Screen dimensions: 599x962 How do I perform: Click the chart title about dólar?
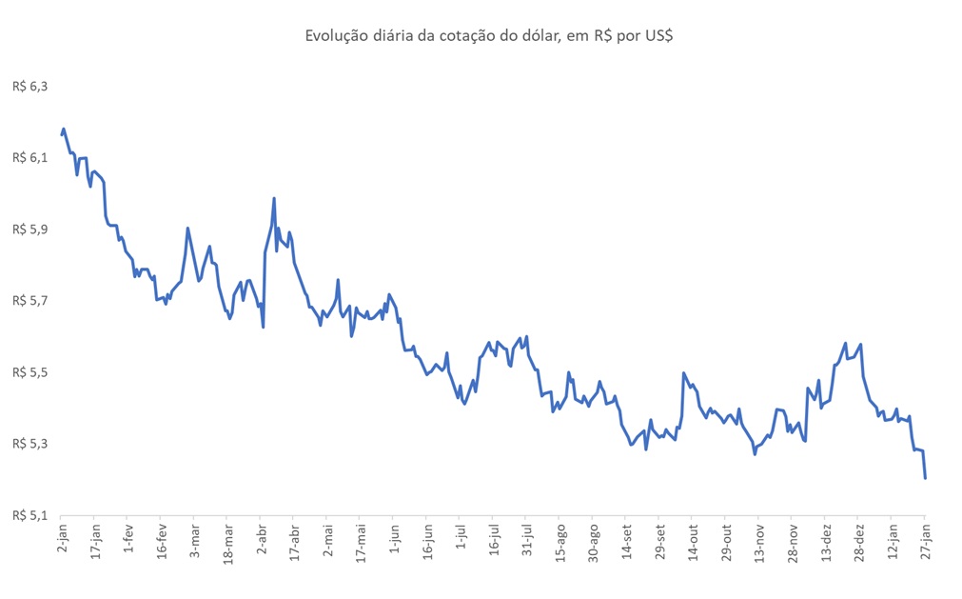pyautogui.click(x=489, y=36)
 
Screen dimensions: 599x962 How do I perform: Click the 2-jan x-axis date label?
pyautogui.click(x=63, y=539)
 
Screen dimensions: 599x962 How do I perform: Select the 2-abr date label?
pyautogui.click(x=262, y=539)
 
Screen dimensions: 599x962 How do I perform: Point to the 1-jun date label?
pyautogui.click(x=394, y=539)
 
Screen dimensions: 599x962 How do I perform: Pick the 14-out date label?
pyautogui.click(x=693, y=541)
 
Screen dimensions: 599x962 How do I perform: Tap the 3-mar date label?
pyautogui.click(x=195, y=539)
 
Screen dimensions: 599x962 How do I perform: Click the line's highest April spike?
pyautogui.click(x=274, y=199)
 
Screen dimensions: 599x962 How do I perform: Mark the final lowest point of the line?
pyautogui.click(x=925, y=477)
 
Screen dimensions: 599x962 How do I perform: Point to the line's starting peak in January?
pyautogui.click(x=64, y=129)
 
